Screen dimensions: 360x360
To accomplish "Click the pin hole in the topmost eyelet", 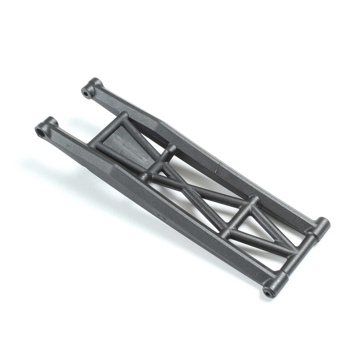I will pos(87,93).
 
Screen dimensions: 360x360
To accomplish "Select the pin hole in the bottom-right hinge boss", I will pos(269,293).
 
